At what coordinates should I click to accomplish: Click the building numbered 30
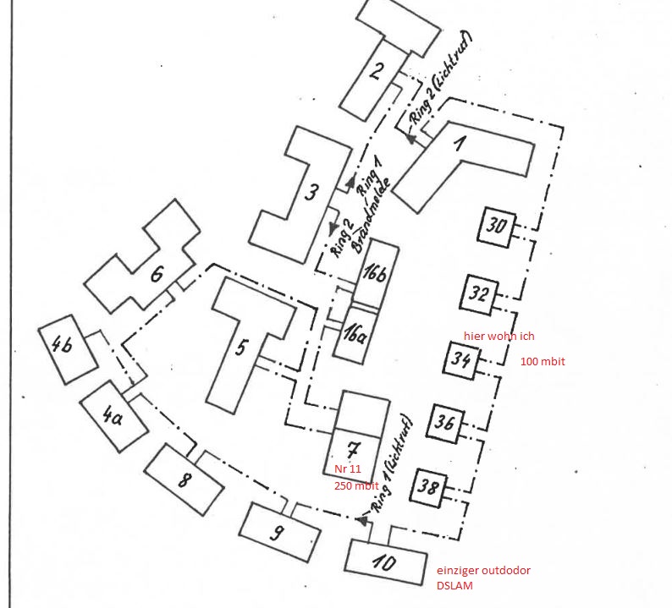click(498, 226)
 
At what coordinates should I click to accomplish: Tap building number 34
click(461, 359)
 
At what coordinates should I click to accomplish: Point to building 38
click(428, 487)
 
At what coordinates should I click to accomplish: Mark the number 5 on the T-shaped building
click(240, 346)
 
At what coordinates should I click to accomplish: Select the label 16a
click(353, 331)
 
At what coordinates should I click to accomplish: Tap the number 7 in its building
click(353, 448)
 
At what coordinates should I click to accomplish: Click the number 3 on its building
click(311, 191)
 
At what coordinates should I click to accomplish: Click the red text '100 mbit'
click(543, 362)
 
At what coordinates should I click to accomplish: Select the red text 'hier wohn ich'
click(499, 336)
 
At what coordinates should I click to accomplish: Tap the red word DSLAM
click(455, 586)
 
